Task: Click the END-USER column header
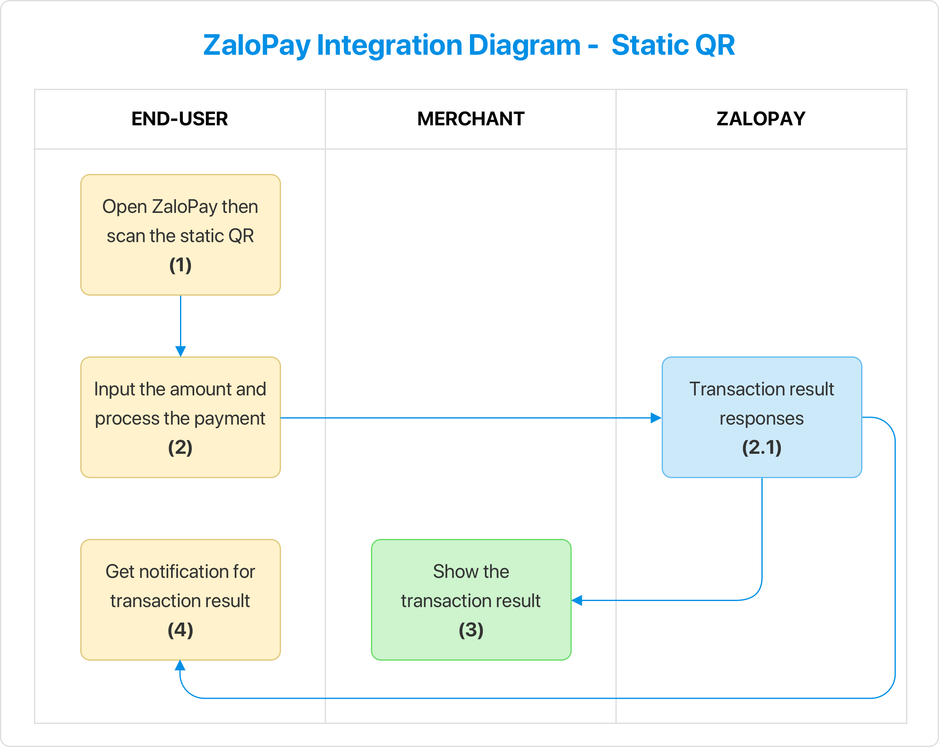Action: (180, 119)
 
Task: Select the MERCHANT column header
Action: (470, 119)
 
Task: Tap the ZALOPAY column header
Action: (761, 119)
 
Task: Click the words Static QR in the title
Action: (673, 45)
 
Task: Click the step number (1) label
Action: (180, 265)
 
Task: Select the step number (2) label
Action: (180, 447)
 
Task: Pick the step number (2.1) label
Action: (761, 447)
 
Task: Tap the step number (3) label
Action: (471, 630)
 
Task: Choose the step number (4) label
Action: (180, 630)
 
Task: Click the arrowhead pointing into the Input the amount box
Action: (180, 351)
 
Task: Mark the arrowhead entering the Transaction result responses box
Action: (656, 418)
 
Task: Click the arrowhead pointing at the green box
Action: (577, 601)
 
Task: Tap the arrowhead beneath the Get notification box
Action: (180, 665)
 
